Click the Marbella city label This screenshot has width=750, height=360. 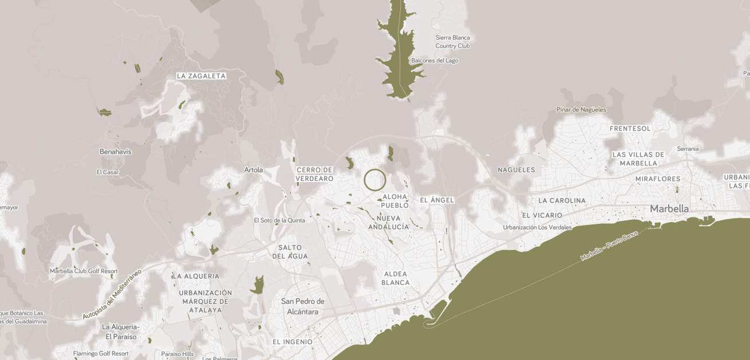tap(669, 209)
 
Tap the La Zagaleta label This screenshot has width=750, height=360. tap(201, 76)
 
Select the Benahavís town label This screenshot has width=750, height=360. tap(116, 152)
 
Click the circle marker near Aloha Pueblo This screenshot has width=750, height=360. tap(375, 180)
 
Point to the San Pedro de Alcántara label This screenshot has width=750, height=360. tap(303, 306)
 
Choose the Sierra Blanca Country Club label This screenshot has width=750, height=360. tap(452, 42)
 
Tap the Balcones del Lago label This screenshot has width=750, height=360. tap(435, 61)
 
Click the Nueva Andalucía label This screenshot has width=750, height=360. tap(389, 223)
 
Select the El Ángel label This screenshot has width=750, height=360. tap(437, 200)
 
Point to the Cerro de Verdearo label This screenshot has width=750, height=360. tap(314, 174)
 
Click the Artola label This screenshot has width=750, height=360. tap(254, 170)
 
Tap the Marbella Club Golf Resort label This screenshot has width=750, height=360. tap(84, 271)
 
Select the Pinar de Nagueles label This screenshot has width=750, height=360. tap(581, 110)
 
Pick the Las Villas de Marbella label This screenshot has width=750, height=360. tap(638, 159)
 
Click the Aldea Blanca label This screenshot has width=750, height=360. tap(396, 278)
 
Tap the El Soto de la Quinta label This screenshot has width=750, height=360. tap(279, 220)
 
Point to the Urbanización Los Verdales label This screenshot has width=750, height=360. tap(537, 227)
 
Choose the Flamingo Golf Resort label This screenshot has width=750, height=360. tap(101, 354)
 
